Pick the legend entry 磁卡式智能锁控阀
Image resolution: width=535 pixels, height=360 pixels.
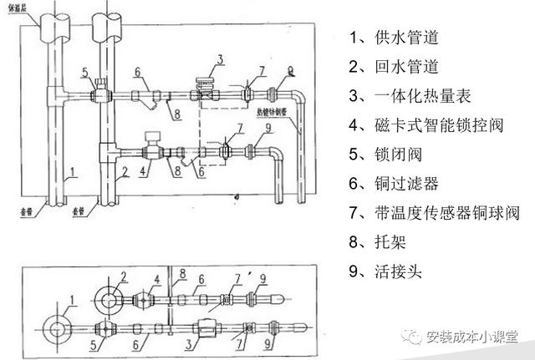[x=426, y=125]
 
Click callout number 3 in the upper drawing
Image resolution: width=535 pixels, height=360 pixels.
[x=219, y=59]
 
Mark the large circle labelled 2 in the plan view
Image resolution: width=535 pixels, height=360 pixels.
[x=110, y=298]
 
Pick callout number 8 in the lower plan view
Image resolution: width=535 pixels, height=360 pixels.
[x=184, y=273]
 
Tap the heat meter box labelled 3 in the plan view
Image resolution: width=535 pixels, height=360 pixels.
[x=204, y=327]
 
